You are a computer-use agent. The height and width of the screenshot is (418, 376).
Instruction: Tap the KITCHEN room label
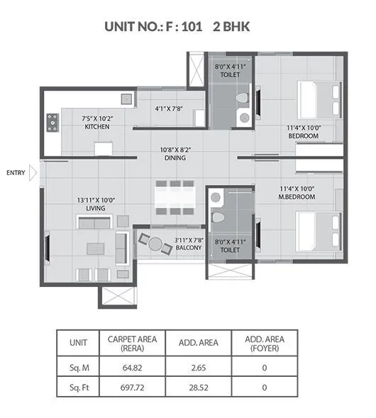click(x=96, y=126)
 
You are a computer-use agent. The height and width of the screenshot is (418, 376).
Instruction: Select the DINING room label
click(x=175, y=158)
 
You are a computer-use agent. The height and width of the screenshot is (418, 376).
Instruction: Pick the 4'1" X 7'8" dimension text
click(x=170, y=108)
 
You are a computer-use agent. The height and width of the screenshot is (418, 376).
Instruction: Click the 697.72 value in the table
click(x=133, y=388)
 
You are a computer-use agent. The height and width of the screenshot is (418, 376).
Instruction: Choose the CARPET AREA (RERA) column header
click(x=133, y=343)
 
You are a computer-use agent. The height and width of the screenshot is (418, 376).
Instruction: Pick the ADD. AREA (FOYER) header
click(x=264, y=343)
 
